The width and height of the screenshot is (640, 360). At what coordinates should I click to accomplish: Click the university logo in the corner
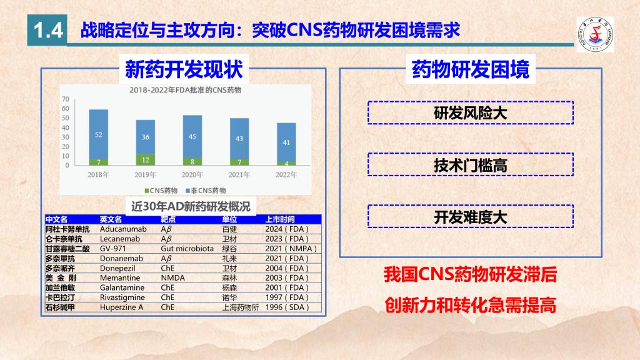pyautogui.click(x=595, y=35)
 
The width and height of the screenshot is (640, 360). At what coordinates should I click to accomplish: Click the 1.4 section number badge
pyautogui.click(x=47, y=30)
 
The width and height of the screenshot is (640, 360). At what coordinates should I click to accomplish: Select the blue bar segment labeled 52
pyautogui.click(x=98, y=134)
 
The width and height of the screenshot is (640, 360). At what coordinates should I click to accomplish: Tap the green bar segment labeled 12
pyautogui.click(x=145, y=159)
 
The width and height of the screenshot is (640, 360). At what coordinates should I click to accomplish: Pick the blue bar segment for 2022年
pyautogui.click(x=286, y=142)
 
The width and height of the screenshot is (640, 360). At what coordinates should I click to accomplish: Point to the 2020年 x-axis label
pyautogui.click(x=192, y=175)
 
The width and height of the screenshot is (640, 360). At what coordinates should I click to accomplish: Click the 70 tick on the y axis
pyautogui.click(x=65, y=99)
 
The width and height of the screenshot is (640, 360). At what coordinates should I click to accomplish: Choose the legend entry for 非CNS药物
pyautogui.click(x=206, y=191)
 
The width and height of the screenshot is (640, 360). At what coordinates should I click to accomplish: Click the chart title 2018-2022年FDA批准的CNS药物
pyautogui.click(x=185, y=90)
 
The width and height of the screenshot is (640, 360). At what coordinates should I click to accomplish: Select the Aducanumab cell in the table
pyautogui.click(x=123, y=229)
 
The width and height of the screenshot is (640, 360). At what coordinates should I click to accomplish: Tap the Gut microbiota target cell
pyautogui.click(x=187, y=249)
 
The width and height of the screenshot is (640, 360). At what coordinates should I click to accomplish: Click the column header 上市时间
pyautogui.click(x=280, y=219)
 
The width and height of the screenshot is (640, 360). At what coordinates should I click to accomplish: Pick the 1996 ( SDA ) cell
pyautogui.click(x=287, y=307)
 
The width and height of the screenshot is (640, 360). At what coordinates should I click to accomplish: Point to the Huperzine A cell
pyautogui.click(x=122, y=307)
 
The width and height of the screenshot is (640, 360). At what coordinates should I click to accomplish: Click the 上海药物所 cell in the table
pyautogui.click(x=241, y=307)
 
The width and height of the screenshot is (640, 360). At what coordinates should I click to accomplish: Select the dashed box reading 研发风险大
pyautogui.click(x=471, y=112)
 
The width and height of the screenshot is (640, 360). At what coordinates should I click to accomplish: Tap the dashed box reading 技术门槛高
pyautogui.click(x=471, y=164)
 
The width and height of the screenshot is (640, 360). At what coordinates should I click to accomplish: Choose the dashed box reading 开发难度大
pyautogui.click(x=471, y=216)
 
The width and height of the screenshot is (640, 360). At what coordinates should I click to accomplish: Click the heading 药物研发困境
pyautogui.click(x=471, y=69)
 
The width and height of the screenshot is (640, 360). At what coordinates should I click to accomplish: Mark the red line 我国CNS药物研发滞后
pyautogui.click(x=471, y=275)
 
